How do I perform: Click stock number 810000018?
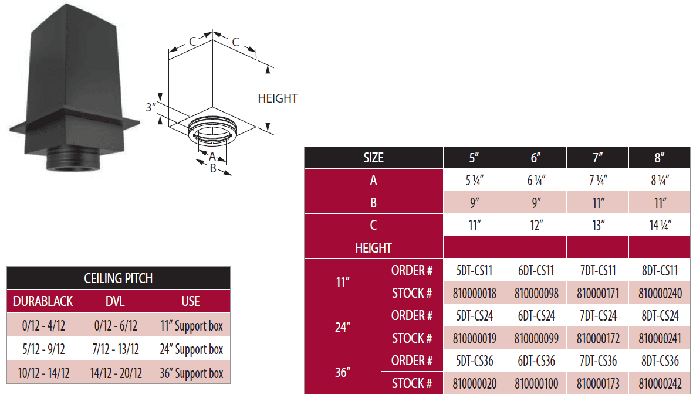pyautogui.click(x=474, y=292)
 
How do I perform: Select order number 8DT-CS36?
pyautogui.click(x=660, y=361)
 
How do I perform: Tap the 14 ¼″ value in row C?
pyautogui.click(x=660, y=225)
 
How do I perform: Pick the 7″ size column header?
pyautogui.click(x=597, y=158)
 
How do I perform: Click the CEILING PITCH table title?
pyautogui.click(x=119, y=278)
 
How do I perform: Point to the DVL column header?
pyautogui.click(x=115, y=301)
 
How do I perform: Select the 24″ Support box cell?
pyautogui.click(x=191, y=349)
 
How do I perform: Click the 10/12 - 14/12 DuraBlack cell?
pyautogui.click(x=42, y=373)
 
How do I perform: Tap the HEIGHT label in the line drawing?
pyautogui.click(x=278, y=98)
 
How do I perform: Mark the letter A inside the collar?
pyautogui.click(x=212, y=156)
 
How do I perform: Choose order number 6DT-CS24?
pyautogui.click(x=536, y=316)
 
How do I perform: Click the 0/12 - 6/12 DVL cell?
pyautogui.click(x=115, y=325)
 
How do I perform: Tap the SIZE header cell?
pyautogui.click(x=373, y=158)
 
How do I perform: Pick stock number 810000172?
pyautogui.click(x=597, y=338)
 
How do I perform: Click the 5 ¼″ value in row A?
pyautogui.click(x=474, y=181)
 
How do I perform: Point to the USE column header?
pyautogui.click(x=191, y=301)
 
